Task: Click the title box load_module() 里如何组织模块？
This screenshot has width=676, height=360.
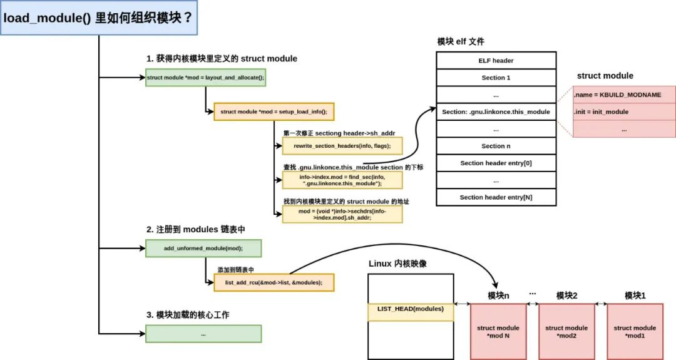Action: (x=99, y=18)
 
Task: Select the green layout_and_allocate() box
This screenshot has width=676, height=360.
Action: (x=205, y=78)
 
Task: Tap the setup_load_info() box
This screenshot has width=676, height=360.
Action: (x=274, y=111)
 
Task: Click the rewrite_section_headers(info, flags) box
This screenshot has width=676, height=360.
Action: (x=342, y=145)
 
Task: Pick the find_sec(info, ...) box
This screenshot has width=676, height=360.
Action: (x=342, y=180)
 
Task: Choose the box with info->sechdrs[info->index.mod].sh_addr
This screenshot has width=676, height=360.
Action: (x=342, y=215)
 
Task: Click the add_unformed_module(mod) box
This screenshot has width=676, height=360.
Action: (x=203, y=248)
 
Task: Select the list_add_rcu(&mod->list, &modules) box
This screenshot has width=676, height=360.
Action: (x=274, y=282)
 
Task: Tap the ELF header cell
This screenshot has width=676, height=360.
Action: (x=496, y=61)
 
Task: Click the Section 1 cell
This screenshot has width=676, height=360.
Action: (x=496, y=78)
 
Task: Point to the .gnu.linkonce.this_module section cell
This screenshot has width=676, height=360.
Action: (x=496, y=111)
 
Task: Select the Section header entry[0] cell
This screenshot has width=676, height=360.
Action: (x=496, y=163)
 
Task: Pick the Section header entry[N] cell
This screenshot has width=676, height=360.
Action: (x=496, y=197)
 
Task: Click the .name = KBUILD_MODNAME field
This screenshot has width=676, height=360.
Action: (x=624, y=95)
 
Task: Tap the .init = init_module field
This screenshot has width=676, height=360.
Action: (x=624, y=111)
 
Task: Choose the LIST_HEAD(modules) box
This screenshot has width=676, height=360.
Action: (x=410, y=309)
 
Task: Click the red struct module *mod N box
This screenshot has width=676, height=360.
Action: (x=498, y=332)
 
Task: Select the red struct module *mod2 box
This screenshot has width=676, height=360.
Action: (x=566, y=332)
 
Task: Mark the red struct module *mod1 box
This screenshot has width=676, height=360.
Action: (x=635, y=332)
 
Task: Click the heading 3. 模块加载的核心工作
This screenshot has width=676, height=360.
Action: (x=188, y=315)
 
